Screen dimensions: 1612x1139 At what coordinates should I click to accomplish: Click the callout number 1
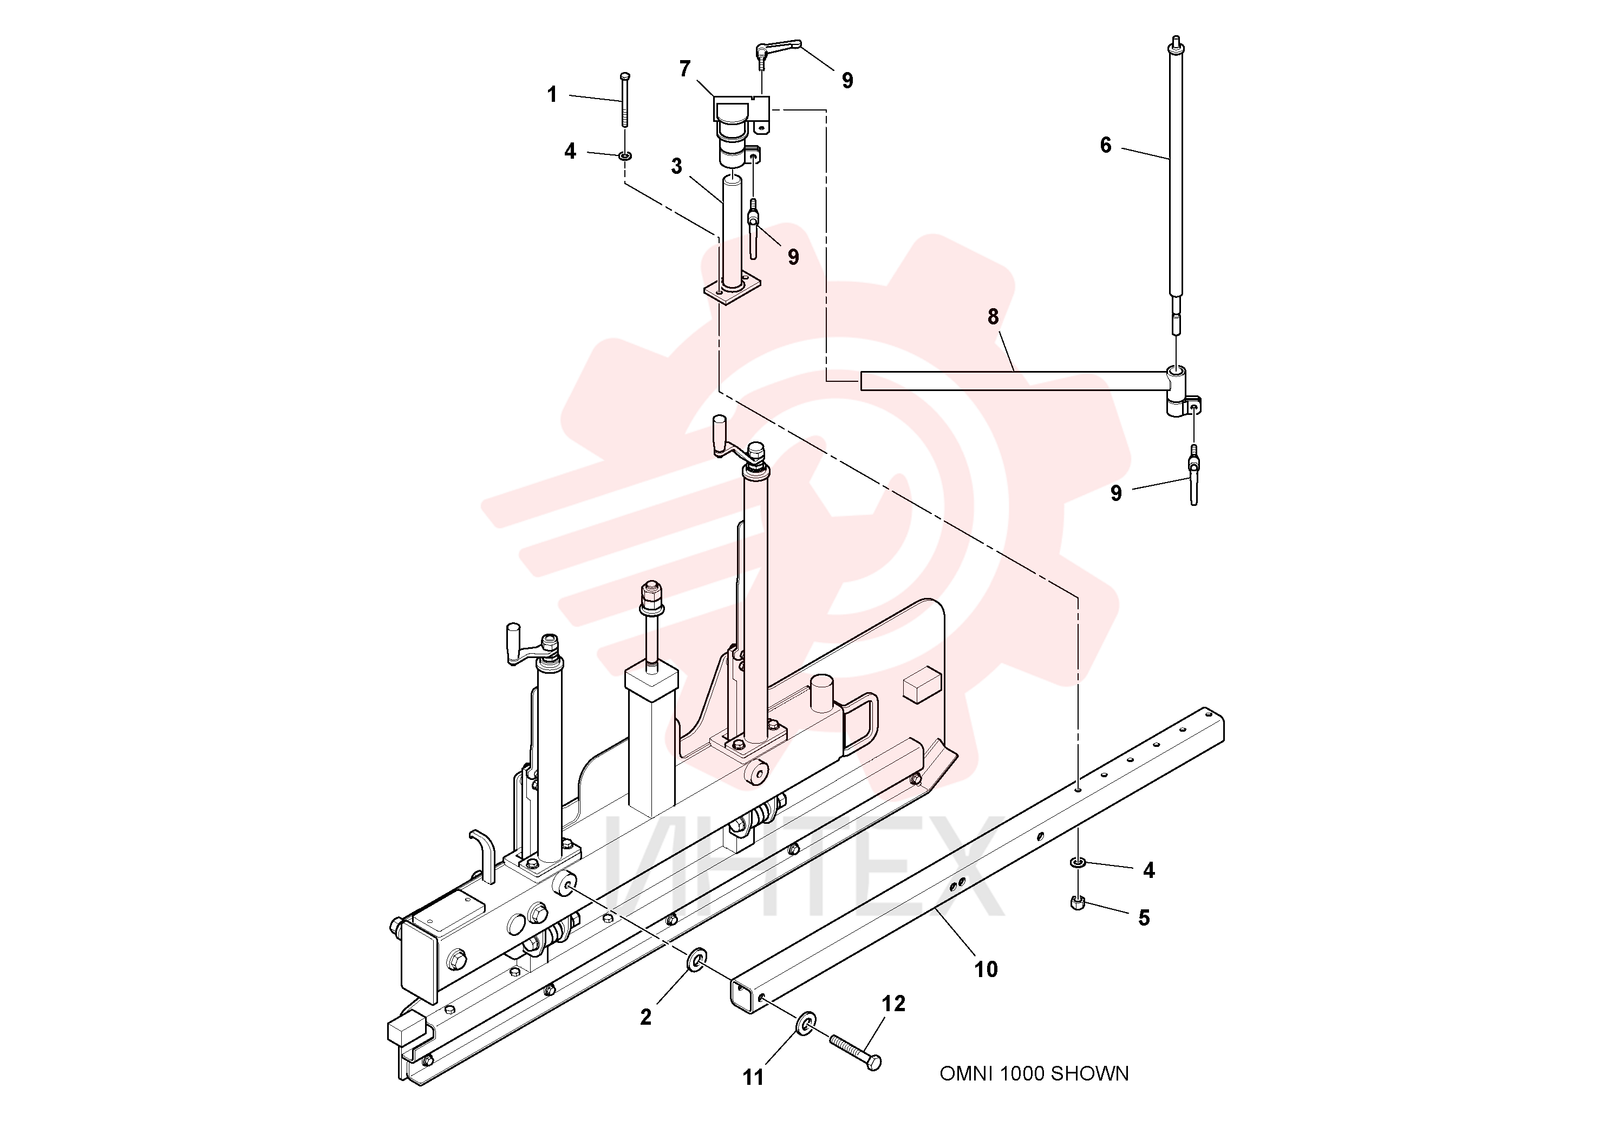pos(552,94)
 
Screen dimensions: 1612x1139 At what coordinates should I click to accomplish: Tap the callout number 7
pos(684,69)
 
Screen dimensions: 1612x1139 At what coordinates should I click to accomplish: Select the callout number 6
pos(1105,145)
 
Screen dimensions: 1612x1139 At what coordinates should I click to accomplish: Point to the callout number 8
pos(993,317)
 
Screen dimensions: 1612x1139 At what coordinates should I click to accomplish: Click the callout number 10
pos(986,970)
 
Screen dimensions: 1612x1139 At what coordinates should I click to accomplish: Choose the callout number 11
pos(753,1077)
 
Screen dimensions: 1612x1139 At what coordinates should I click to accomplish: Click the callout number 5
pos(1144,918)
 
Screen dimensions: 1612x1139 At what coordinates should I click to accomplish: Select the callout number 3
pos(676,166)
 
